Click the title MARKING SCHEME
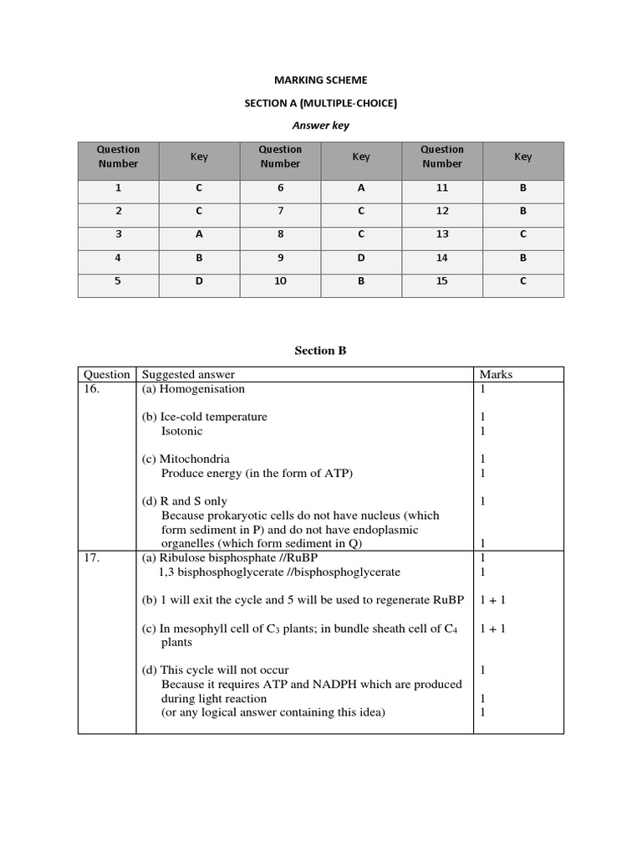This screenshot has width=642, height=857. click(320, 80)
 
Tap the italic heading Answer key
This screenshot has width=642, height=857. click(320, 126)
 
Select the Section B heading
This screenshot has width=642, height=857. click(320, 351)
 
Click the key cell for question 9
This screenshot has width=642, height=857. click(361, 258)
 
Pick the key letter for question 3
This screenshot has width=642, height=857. click(199, 235)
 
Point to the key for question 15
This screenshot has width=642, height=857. click(522, 281)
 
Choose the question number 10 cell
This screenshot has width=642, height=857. click(280, 281)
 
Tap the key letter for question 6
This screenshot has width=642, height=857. click(361, 189)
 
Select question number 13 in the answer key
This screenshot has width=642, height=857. click(442, 235)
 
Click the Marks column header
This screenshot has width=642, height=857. click(496, 375)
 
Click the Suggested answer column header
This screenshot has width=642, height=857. click(188, 375)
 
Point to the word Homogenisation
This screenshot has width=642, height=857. click(201, 389)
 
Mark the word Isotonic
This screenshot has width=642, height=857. click(181, 431)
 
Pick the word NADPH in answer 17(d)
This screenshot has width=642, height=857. click(341, 685)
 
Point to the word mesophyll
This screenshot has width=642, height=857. click(199, 629)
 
